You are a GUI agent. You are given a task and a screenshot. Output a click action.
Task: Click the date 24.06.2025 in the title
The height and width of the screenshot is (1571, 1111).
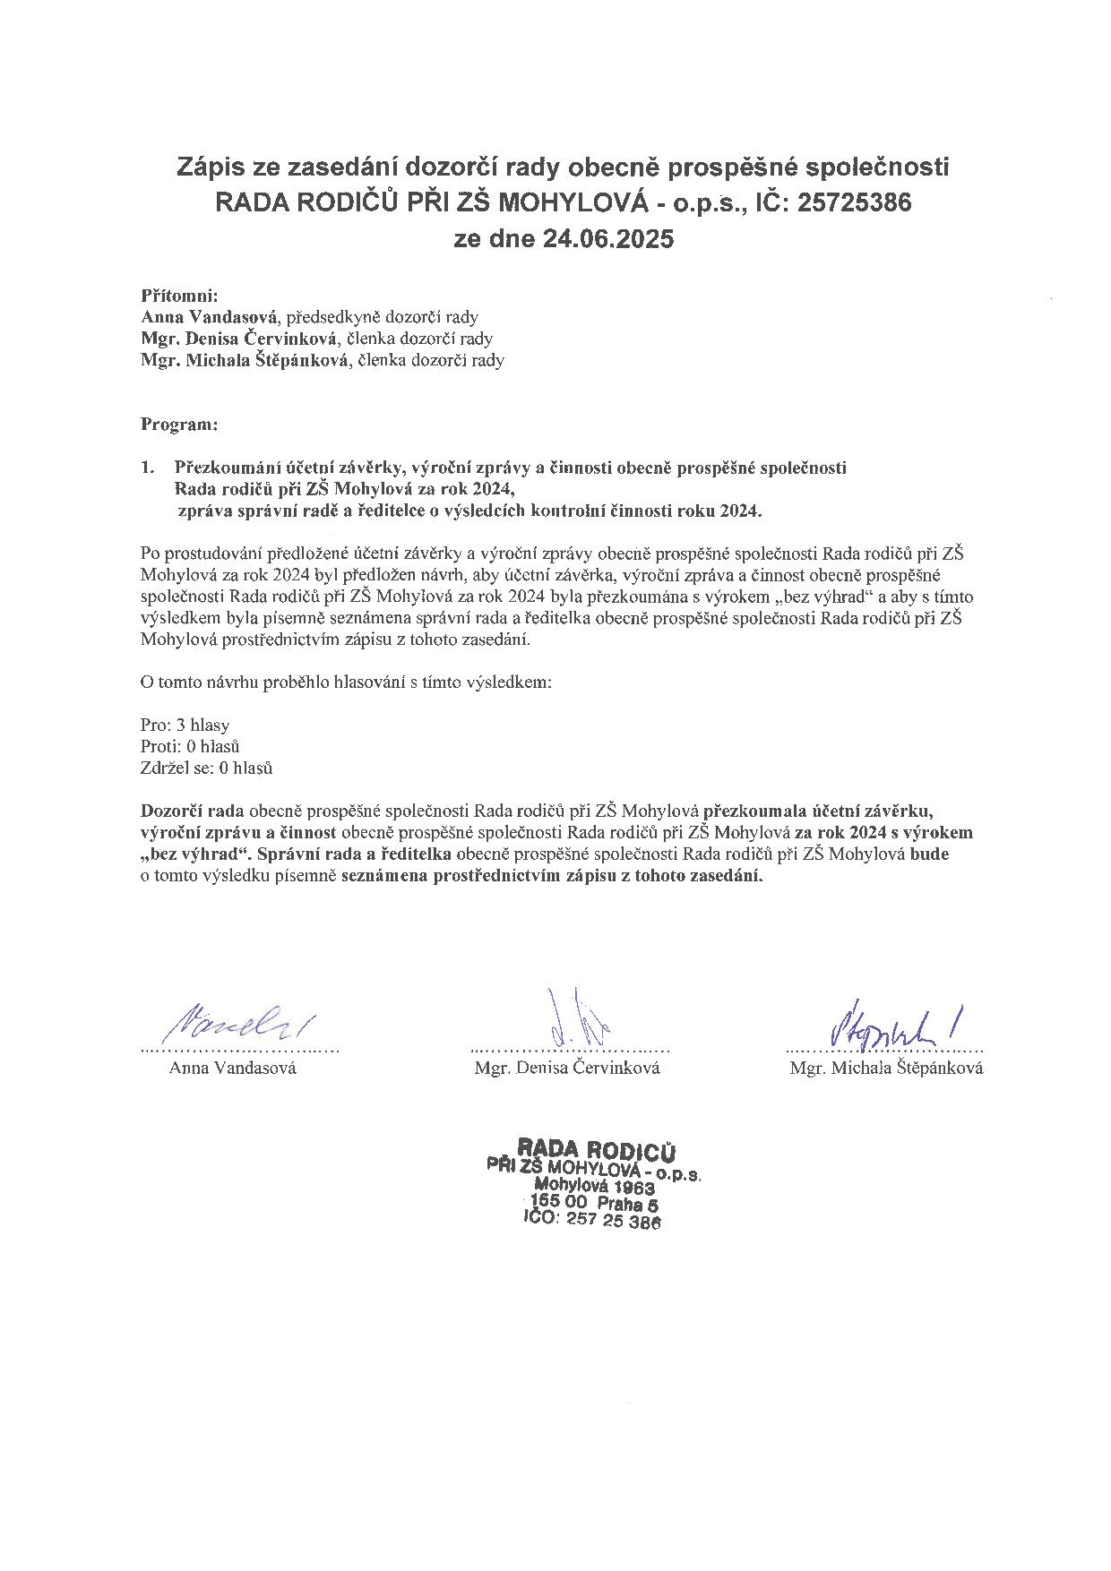pyautogui.click(x=607, y=240)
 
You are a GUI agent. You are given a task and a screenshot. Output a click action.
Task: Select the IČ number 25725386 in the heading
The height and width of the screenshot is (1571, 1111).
pyautogui.click(x=853, y=203)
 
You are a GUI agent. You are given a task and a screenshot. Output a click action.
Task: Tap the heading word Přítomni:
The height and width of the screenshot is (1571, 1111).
pyautogui.click(x=180, y=295)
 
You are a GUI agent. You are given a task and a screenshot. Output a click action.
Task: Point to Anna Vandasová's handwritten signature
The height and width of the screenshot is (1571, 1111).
pyautogui.click(x=239, y=1022)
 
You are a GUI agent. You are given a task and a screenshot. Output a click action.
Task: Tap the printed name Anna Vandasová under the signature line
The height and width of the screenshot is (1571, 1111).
pyautogui.click(x=233, y=1068)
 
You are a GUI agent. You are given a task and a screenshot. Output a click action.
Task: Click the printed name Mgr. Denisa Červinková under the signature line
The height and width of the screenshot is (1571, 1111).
pyautogui.click(x=568, y=1068)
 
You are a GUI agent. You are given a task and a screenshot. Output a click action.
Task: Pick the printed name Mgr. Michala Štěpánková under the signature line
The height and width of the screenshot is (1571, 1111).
pyautogui.click(x=886, y=1068)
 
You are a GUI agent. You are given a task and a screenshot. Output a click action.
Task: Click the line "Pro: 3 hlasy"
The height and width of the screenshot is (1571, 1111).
pyautogui.click(x=185, y=725)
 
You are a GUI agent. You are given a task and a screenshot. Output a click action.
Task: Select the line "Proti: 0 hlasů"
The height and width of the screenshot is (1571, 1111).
pyautogui.click(x=190, y=746)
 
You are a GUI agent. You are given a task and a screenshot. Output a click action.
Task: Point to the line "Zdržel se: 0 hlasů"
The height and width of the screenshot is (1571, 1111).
pyautogui.click(x=207, y=768)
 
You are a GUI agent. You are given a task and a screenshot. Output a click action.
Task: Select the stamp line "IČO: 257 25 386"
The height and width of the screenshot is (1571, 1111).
pyautogui.click(x=591, y=1220)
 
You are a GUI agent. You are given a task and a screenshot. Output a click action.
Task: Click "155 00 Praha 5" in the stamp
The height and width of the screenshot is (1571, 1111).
pyautogui.click(x=594, y=1203)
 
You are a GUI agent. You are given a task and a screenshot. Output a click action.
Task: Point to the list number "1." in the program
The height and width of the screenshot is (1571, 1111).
pyautogui.click(x=149, y=468)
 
